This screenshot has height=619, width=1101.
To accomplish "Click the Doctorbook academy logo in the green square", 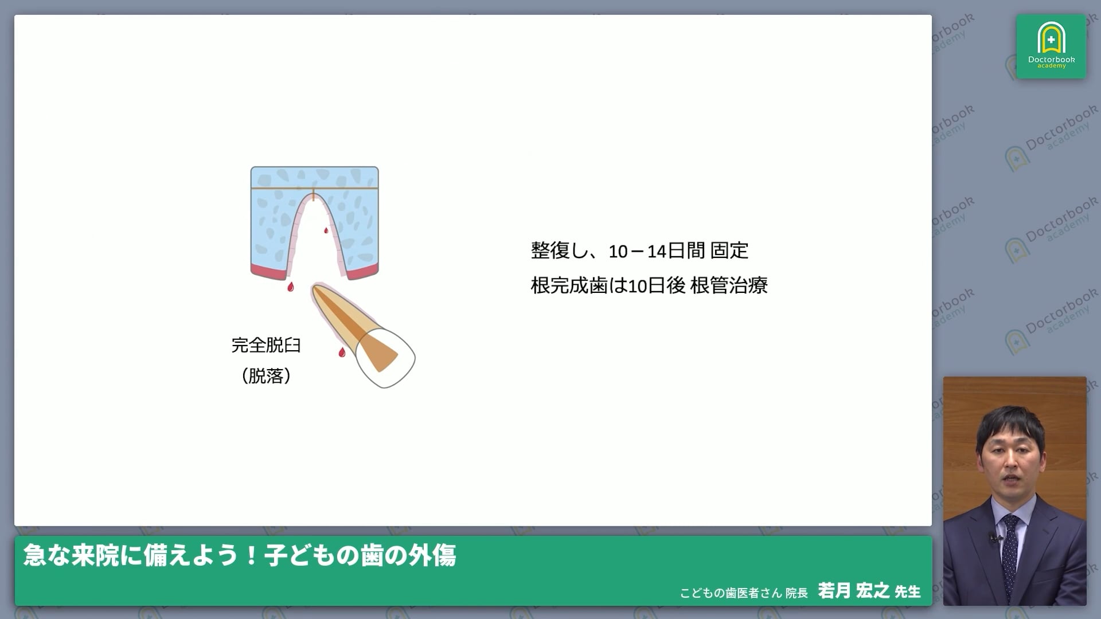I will tap(1051, 46).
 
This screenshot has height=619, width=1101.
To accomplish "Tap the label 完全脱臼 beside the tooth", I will tap(266, 345).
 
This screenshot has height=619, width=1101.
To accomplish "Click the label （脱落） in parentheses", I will tap(266, 376).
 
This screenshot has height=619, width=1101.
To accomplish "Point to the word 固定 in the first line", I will tap(729, 251).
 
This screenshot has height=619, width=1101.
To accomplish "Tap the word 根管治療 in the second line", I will tap(729, 285).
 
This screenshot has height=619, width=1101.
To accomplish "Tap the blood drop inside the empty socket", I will tap(326, 230).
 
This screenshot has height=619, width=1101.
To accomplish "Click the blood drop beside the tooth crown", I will tap(342, 352).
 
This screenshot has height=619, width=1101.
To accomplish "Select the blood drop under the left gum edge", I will tap(291, 287).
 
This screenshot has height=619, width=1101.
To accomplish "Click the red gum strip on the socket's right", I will tap(362, 272).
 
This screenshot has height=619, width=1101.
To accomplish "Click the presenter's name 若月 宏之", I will tap(854, 590).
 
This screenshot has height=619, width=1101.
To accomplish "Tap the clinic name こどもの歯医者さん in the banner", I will tap(731, 593).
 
